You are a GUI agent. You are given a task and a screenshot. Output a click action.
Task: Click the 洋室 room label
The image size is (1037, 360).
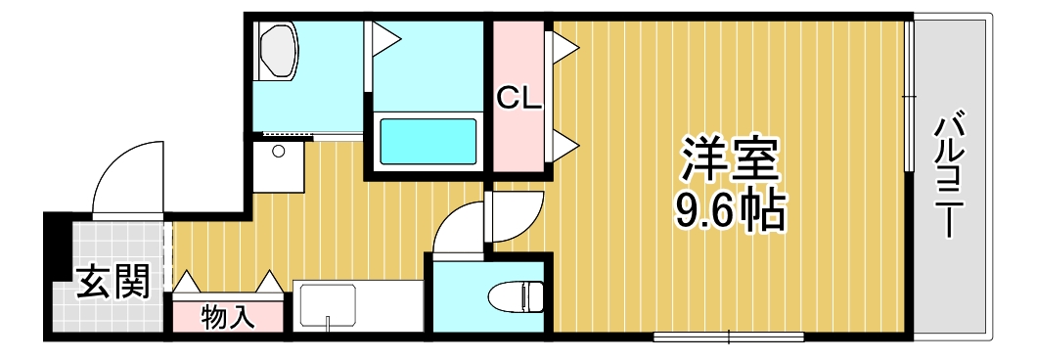[730, 157]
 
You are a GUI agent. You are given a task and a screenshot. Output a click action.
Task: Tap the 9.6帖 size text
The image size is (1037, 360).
[730, 209]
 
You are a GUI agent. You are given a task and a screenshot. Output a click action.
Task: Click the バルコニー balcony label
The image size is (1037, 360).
[948, 177]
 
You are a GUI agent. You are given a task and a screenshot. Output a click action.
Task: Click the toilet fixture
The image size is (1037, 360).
[516, 295]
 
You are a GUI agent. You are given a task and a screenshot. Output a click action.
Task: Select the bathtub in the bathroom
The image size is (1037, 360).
[428, 142]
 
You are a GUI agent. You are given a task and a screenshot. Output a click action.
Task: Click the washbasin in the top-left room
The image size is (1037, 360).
[278, 53]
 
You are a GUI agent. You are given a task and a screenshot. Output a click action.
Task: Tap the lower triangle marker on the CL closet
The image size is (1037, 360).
[565, 146]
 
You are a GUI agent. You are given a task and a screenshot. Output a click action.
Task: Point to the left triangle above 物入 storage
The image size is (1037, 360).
[187, 283]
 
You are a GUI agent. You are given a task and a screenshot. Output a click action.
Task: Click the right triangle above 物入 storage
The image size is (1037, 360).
[268, 283]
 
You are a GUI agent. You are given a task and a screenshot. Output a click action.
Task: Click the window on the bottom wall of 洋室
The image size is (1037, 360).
[729, 338]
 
